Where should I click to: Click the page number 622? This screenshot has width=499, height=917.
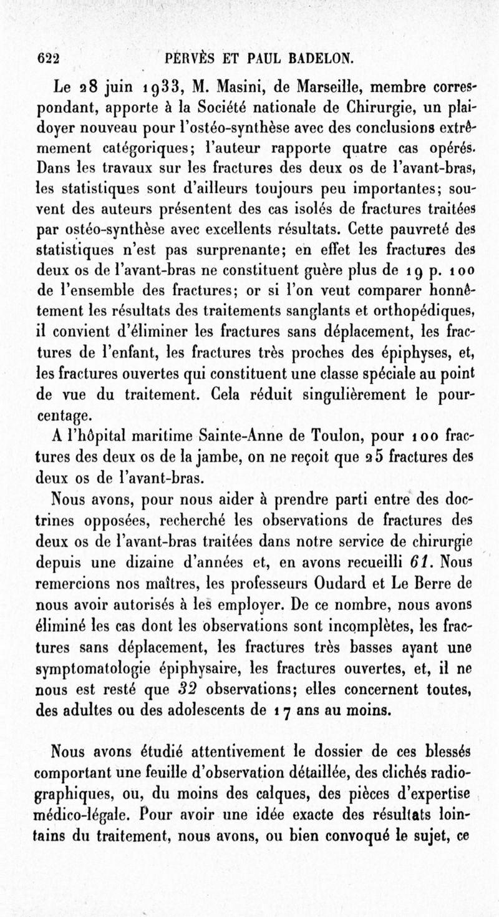pos(48,60)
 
